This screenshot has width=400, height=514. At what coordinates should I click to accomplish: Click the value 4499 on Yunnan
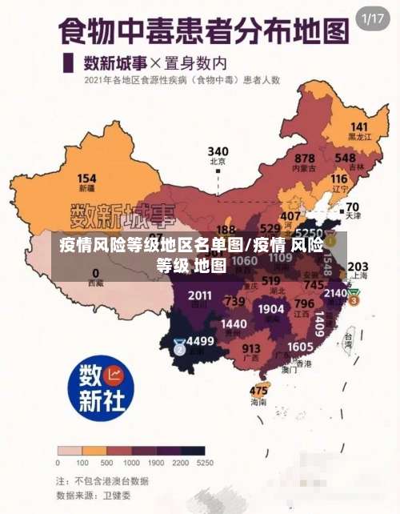tap(200, 341)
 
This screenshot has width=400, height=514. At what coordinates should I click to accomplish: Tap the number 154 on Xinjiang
tap(86, 179)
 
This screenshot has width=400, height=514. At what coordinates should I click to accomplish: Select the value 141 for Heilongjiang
tap(359, 127)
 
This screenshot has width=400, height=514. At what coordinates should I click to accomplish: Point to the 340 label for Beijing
tap(218, 151)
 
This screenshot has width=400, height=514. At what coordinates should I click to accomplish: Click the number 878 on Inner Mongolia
tap(305, 159)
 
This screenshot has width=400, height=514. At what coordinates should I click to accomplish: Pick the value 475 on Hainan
tap(258, 391)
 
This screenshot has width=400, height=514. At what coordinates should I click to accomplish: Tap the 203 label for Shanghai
tap(358, 267)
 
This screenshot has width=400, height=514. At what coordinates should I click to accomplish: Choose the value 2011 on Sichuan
tap(200, 295)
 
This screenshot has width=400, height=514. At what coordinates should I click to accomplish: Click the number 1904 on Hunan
tap(272, 308)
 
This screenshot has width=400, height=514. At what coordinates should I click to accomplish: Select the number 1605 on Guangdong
tap(300, 346)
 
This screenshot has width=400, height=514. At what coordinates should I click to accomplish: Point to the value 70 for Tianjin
tap(352, 207)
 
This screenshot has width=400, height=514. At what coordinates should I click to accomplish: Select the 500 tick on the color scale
tap(106, 462)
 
